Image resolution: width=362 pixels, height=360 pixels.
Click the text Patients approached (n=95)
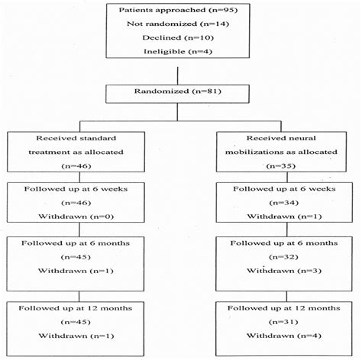click(x=178, y=10)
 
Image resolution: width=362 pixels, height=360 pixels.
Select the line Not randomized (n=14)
click(x=178, y=24)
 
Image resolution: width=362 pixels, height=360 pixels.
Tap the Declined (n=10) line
click(x=178, y=38)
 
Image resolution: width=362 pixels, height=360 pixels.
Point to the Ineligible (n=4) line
click(x=178, y=52)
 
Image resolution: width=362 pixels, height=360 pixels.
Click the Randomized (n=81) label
click(x=178, y=92)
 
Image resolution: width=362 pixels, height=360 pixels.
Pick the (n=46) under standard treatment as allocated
click(x=76, y=166)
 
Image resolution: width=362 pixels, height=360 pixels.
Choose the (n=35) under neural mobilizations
click(x=281, y=166)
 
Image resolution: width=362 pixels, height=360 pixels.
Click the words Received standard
click(x=76, y=138)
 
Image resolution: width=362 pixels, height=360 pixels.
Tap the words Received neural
click(x=281, y=138)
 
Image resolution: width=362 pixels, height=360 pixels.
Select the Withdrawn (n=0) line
click(x=76, y=217)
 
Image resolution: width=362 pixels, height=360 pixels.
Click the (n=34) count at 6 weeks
click(x=284, y=203)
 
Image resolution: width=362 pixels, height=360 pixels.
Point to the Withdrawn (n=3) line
click(x=284, y=271)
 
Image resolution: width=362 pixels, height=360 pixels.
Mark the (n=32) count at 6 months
click(x=283, y=257)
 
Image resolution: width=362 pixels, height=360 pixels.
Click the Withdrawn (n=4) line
click(x=284, y=336)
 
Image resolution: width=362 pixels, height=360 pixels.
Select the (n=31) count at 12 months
click(x=283, y=322)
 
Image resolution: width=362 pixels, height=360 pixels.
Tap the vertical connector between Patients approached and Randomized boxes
click(x=177, y=76)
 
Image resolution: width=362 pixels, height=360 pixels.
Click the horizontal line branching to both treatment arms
click(x=180, y=121)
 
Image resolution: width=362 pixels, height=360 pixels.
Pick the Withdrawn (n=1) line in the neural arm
click(x=284, y=217)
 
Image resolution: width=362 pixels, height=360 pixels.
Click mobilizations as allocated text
click(x=281, y=153)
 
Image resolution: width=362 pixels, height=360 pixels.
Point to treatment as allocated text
click(x=76, y=153)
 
